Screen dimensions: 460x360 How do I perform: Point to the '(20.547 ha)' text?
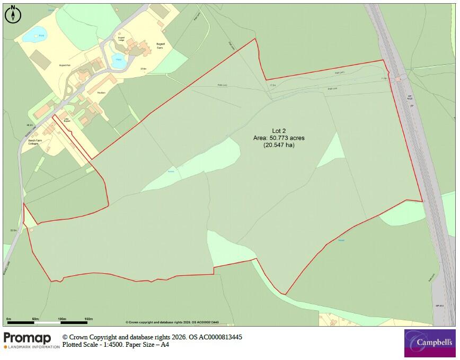coord(279,145)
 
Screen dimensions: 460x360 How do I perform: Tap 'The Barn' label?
coord(101,93)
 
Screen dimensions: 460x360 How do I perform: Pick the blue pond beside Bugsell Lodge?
coord(118,58)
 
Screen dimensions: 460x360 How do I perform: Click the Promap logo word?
coord(28,338)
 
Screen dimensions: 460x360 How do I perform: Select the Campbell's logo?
coord(429,343)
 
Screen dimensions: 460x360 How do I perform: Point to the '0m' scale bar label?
coord(8,319)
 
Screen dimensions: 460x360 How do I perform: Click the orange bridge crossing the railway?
coord(397,79)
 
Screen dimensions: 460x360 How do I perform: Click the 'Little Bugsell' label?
coord(67,120)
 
